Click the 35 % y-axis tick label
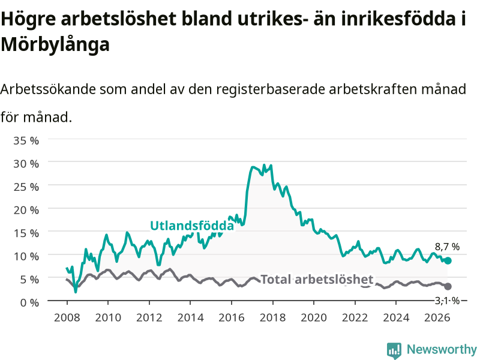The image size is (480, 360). coord(26,140)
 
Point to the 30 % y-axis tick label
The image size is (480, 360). coord(26,164)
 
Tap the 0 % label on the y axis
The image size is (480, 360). coord(29,302)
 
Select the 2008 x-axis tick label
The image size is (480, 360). coord(67,317)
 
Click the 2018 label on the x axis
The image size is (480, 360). coord(272,317)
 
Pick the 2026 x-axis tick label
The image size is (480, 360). coord(437,317)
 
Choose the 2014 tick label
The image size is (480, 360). coord(190,317)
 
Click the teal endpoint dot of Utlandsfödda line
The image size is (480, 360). coord(448,260)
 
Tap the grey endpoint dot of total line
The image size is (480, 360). coord(448,286)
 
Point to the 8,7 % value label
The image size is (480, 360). coord(447,247)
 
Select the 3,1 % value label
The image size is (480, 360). coord(447,301)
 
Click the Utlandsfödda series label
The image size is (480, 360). coord(192,226)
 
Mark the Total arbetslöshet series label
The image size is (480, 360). coord(317,280)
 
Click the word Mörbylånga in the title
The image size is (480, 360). coord(55,44)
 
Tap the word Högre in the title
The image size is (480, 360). coord(28,19)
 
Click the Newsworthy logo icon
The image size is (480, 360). coord(394,350)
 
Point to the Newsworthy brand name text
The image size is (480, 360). coord(442,349)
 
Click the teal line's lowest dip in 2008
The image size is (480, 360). coord(76,292)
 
